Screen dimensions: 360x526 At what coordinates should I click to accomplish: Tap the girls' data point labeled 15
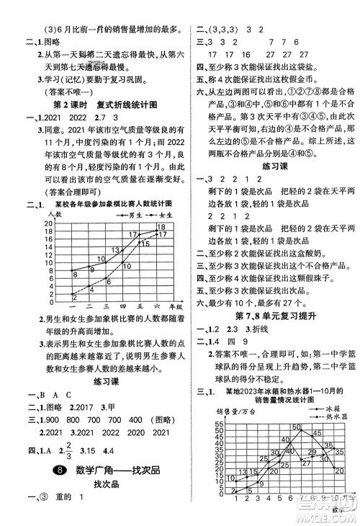point(137,244)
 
